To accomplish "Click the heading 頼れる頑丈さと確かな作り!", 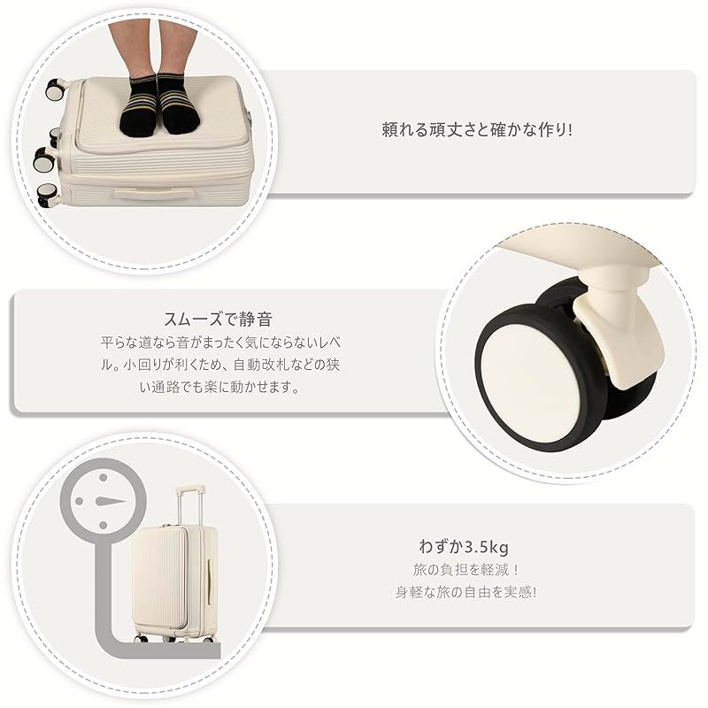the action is [x=477, y=130].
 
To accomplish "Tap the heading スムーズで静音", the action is [x=218, y=319].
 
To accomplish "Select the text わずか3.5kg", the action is [x=464, y=547].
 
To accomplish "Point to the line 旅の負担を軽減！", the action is [x=466, y=569].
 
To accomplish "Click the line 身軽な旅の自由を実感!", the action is [x=466, y=591].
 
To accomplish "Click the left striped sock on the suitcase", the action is [x=140, y=107].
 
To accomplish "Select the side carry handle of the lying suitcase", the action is [x=153, y=193].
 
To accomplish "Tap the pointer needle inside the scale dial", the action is [x=110, y=501].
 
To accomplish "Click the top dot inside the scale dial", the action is [x=104, y=477].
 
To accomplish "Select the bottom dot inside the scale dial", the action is [x=103, y=525].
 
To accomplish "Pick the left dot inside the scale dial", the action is [x=79, y=501].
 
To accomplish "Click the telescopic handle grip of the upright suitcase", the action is [x=190, y=489].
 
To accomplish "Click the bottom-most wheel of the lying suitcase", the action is [x=47, y=195].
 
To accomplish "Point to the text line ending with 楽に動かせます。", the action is [x=219, y=387].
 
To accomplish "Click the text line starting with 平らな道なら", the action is [x=220, y=342].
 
